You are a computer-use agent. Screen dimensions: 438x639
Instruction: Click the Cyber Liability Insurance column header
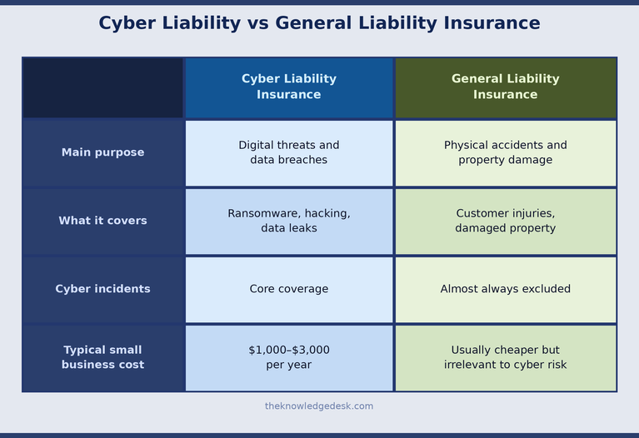(x=289, y=87)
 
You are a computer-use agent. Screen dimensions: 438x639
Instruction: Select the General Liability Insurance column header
(x=505, y=87)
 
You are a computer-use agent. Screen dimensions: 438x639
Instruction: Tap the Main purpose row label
(x=102, y=152)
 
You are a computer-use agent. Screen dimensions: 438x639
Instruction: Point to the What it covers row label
(x=102, y=221)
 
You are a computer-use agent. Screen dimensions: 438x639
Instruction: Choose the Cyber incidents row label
(x=102, y=289)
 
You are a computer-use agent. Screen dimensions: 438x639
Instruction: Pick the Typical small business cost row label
(x=102, y=357)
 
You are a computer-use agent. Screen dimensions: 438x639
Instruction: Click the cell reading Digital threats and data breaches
(x=289, y=152)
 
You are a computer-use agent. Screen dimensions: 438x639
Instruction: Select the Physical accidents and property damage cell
(x=505, y=152)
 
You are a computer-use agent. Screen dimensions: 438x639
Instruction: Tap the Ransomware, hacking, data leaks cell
(x=289, y=221)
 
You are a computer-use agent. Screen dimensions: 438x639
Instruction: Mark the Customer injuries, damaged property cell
(x=505, y=221)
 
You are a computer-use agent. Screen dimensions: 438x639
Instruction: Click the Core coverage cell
(x=289, y=289)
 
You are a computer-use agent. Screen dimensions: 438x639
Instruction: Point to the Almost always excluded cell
(x=505, y=289)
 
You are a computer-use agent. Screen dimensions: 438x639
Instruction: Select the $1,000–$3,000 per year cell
(x=289, y=357)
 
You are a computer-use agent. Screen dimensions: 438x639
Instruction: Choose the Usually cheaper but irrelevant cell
(x=505, y=357)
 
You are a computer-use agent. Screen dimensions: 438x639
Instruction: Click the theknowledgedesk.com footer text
(x=319, y=406)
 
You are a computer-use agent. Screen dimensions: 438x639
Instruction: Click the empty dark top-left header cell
(x=102, y=87)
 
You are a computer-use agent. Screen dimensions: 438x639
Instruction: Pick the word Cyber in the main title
(x=126, y=23)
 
